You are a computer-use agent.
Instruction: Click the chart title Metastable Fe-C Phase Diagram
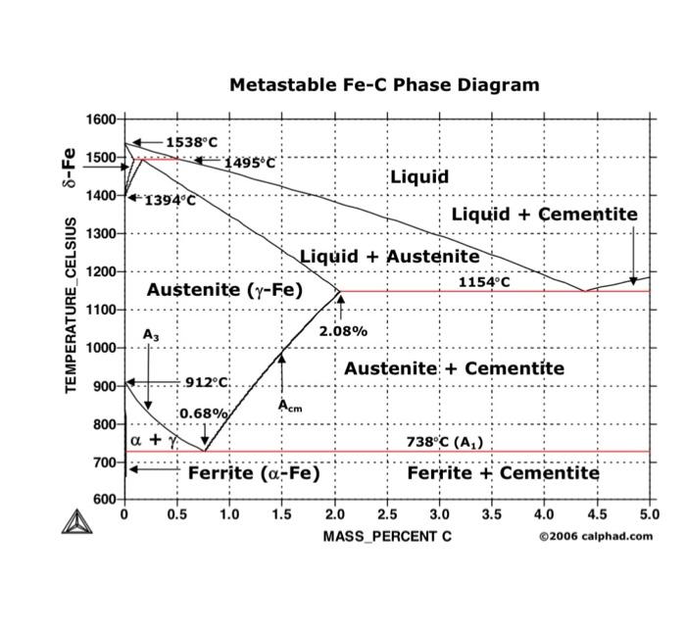point(384,85)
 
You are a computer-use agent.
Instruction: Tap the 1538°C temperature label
point(191,143)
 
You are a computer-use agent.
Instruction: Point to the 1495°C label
point(249,163)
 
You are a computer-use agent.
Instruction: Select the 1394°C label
point(171,201)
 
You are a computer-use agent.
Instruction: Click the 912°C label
point(207,382)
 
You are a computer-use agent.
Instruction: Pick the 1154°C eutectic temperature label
point(484,282)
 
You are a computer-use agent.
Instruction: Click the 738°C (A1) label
point(444,442)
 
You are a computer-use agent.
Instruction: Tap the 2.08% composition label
point(343,331)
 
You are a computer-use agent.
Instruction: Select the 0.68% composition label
point(204,413)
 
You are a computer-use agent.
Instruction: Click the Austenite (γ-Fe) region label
point(224,290)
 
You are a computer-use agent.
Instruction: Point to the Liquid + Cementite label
point(544,215)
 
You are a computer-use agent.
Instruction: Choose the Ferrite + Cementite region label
point(503,473)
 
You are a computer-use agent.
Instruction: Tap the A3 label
point(150,335)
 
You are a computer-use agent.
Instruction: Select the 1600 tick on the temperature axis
point(100,120)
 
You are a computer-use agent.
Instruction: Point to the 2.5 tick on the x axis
point(387,514)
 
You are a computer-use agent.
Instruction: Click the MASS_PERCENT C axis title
point(387,536)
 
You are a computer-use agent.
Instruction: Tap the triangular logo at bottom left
point(75,522)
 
